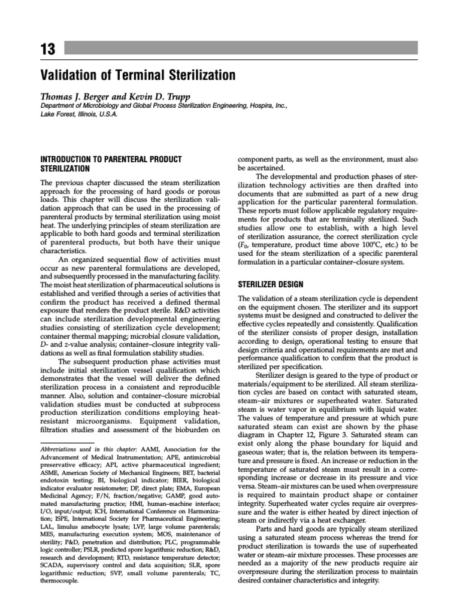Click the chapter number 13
pyautogui.click(x=47, y=49)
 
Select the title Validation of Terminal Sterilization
pyautogui.click(x=137, y=75)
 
